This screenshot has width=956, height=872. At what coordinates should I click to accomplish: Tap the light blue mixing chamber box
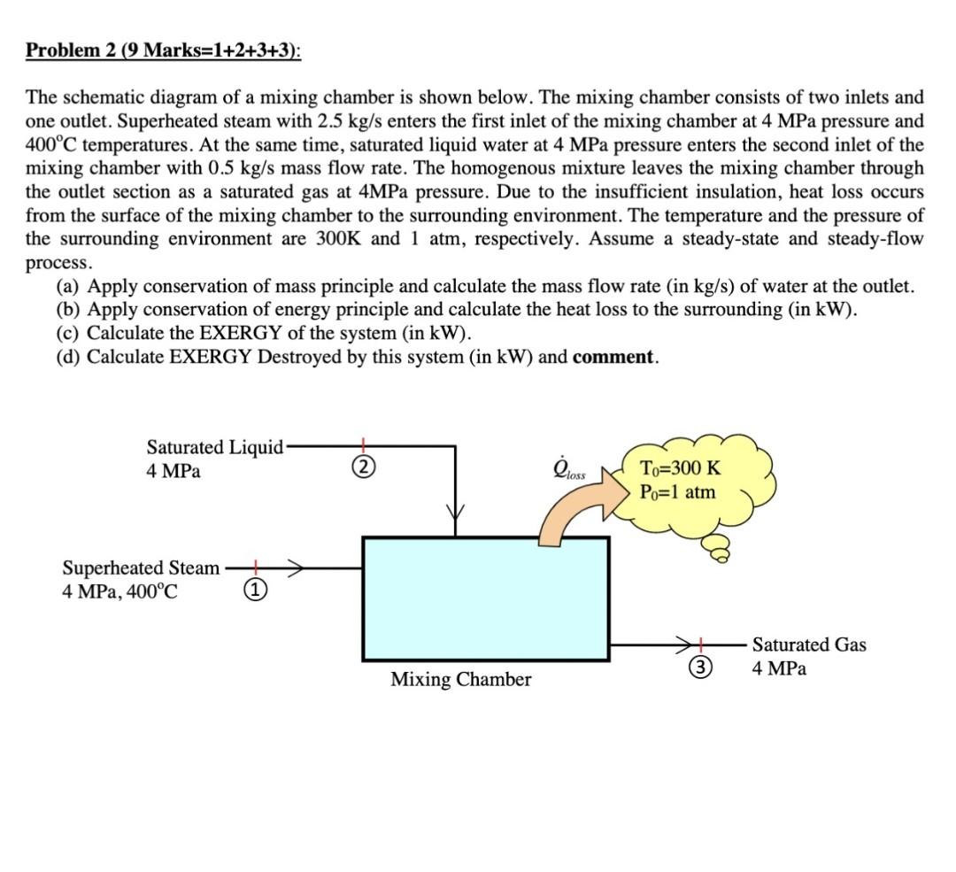(485, 598)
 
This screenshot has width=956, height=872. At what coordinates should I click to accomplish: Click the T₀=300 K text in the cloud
(679, 469)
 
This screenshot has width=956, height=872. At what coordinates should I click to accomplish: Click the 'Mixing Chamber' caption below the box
(461, 680)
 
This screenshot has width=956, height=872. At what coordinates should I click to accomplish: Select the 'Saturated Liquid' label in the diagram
(214, 447)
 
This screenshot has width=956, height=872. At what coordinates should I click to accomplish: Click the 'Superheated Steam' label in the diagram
(141, 568)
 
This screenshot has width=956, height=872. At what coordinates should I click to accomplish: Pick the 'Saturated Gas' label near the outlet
(809, 645)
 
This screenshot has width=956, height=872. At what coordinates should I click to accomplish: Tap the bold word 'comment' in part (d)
(614, 358)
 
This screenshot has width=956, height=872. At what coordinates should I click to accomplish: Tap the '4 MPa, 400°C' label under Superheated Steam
(119, 591)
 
